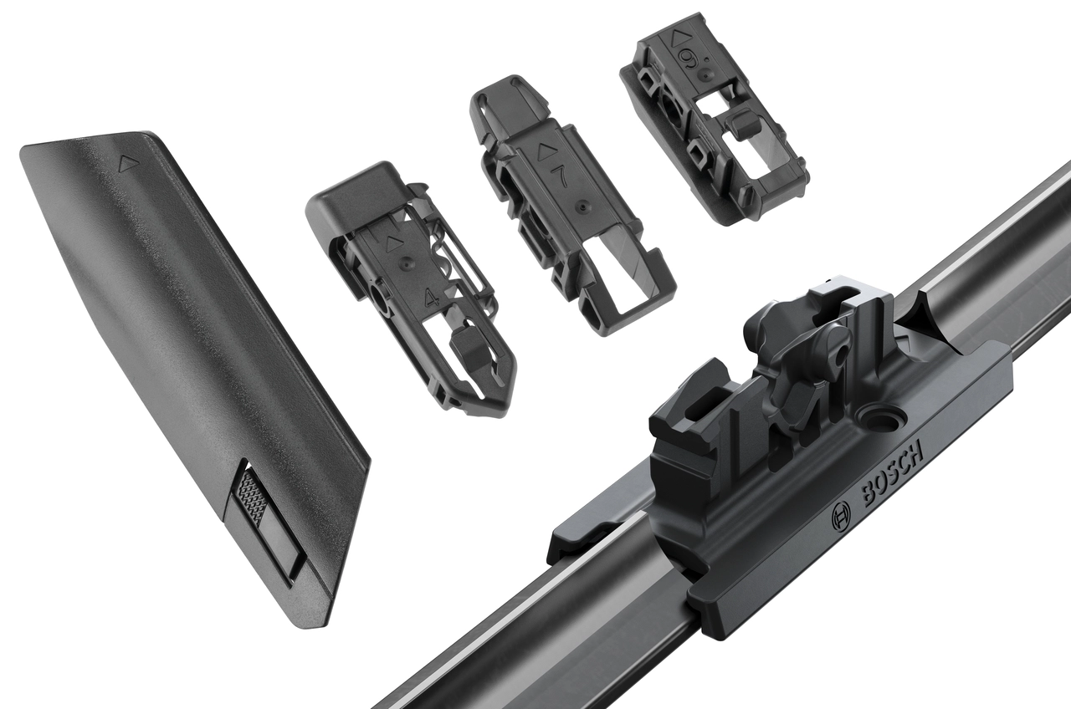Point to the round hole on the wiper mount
point(879,416)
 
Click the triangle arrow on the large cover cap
point(126,163)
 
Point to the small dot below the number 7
point(578,204)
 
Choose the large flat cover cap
point(192,351)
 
